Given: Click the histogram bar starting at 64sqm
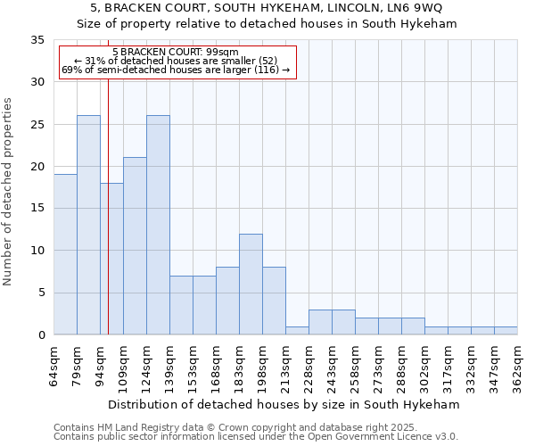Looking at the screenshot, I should [x=65, y=254].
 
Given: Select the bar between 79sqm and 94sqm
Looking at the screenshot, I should [x=88, y=225].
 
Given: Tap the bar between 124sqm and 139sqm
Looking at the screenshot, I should [x=158, y=225].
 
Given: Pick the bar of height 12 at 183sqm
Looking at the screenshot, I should [x=251, y=284].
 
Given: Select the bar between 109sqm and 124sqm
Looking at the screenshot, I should [x=135, y=246].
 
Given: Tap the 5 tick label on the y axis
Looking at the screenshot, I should [x=40, y=293].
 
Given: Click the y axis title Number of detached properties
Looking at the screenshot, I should [x=8, y=192].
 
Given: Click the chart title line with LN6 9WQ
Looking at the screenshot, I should [x=273, y=8].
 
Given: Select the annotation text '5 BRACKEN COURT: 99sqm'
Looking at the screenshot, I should [x=176, y=53].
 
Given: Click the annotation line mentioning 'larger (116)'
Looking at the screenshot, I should [x=176, y=70].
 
